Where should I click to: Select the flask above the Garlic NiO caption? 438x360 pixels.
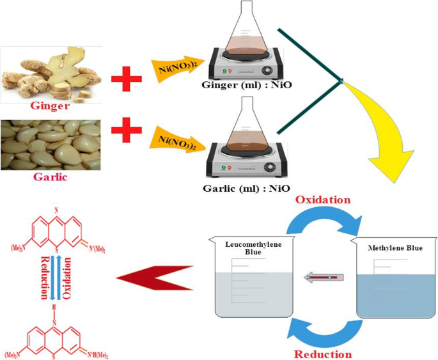point(246,128)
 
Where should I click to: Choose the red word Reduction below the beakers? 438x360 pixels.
point(323,354)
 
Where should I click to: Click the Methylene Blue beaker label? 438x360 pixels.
point(393,247)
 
